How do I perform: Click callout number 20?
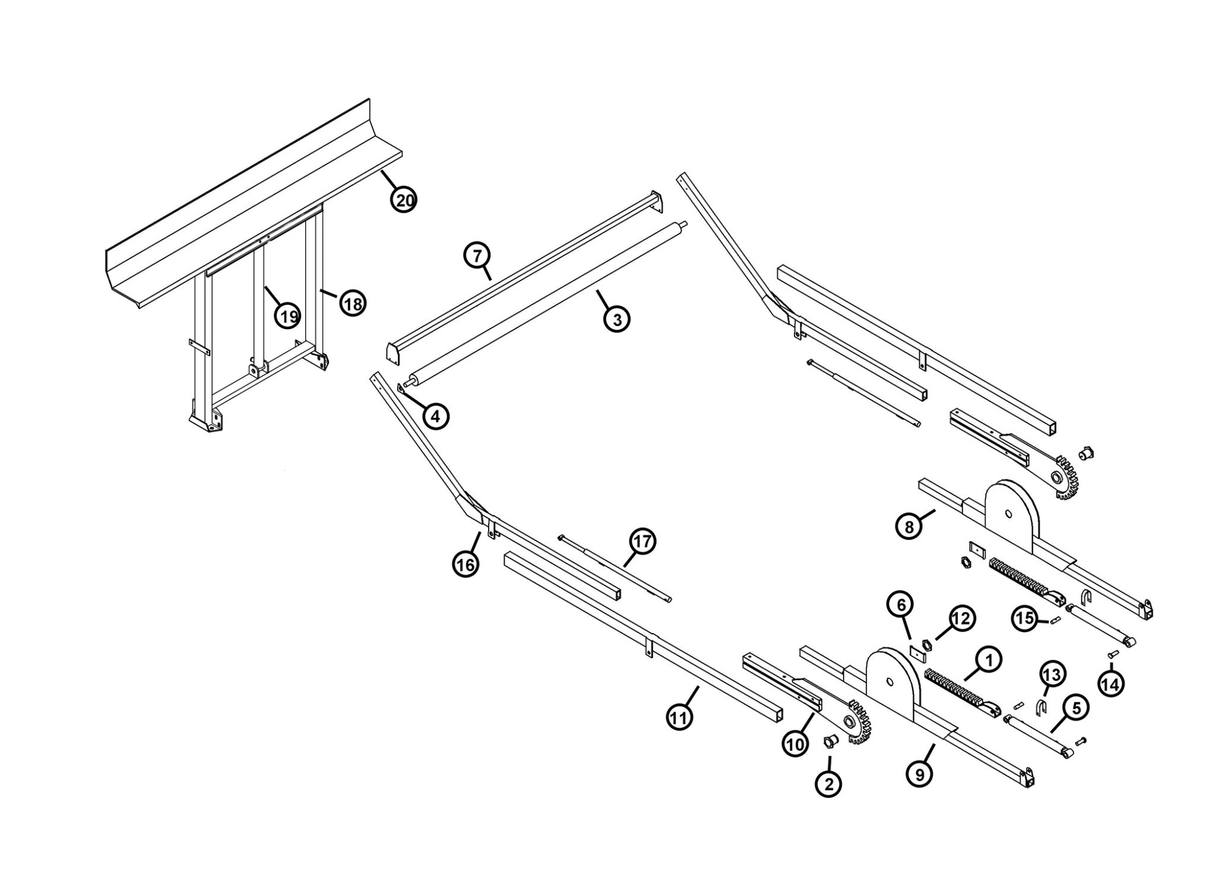(x=404, y=201)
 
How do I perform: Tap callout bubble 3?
(x=616, y=320)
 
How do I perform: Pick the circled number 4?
(x=435, y=417)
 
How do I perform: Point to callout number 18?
(x=352, y=304)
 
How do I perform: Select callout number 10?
(x=795, y=743)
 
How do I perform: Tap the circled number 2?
(x=828, y=784)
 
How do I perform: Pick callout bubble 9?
(x=920, y=775)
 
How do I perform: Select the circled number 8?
(x=909, y=526)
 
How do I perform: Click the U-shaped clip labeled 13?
(x=1041, y=708)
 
